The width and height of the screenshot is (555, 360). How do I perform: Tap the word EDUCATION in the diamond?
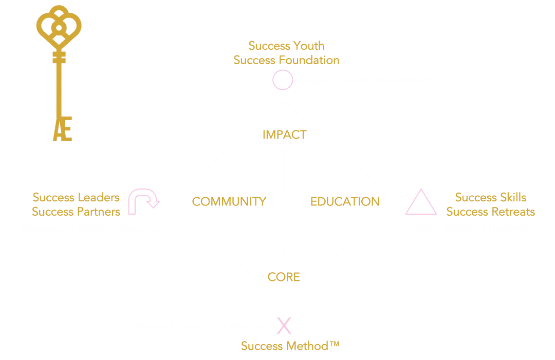344,201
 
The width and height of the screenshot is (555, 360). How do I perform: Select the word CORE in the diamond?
284,277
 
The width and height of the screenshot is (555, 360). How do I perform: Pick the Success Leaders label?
77,197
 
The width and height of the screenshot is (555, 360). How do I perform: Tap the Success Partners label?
77,211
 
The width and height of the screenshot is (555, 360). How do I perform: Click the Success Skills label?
491,197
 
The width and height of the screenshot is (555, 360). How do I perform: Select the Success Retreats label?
491,211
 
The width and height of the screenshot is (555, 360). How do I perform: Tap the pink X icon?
282,326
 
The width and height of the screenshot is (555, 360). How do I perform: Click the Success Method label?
291,346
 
